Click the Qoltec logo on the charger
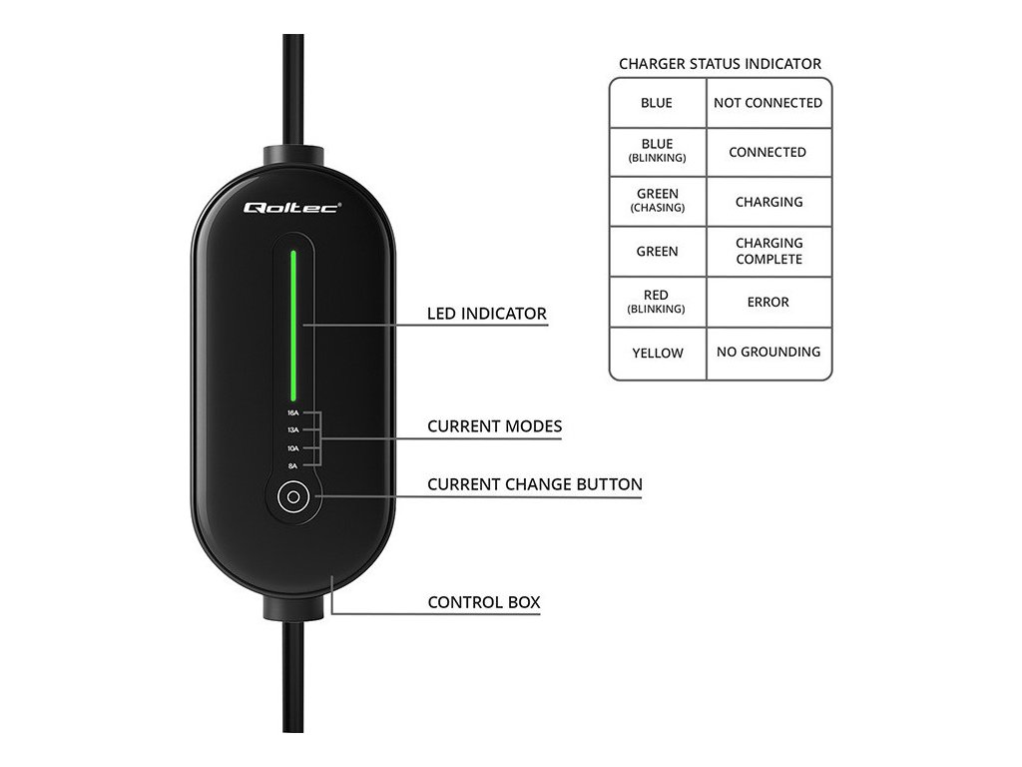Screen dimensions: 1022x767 [292, 207]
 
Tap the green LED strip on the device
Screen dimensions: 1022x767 [293, 322]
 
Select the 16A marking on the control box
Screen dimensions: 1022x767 [292, 412]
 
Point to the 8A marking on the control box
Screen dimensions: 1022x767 [292, 466]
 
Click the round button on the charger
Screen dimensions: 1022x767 [292, 496]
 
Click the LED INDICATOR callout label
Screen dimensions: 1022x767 [487, 314]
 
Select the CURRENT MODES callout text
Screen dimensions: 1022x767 [494, 426]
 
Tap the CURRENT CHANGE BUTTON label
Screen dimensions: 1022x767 [535, 484]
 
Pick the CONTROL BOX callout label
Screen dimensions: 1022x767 [484, 602]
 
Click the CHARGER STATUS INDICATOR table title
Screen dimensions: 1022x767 [720, 64]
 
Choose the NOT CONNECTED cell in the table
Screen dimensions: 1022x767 [767, 103]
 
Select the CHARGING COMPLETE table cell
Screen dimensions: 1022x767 [768, 251]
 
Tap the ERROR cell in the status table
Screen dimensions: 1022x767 [768, 302]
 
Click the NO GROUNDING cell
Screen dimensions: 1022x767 [768, 352]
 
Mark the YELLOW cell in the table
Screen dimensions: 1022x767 [658, 353]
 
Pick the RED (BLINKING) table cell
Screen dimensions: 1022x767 [657, 302]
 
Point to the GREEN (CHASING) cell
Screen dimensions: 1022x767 [657, 201]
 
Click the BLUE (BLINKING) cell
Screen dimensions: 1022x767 [657, 151]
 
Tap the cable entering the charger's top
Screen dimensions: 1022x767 [293, 90]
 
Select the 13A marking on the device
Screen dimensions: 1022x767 [292, 430]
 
